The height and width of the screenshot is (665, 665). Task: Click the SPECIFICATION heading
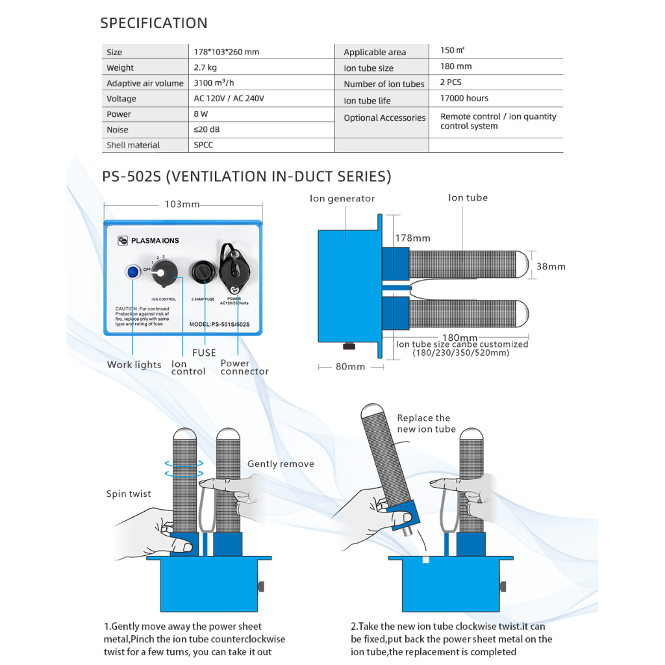pyautogui.click(x=154, y=23)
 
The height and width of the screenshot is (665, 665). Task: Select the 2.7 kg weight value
pyautogui.click(x=205, y=68)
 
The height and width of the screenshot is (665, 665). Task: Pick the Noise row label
pyautogui.click(x=118, y=130)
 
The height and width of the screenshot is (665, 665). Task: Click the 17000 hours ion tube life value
pyautogui.click(x=464, y=99)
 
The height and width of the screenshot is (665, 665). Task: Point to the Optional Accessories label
pyautogui.click(x=384, y=118)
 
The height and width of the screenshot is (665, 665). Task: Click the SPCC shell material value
pyautogui.click(x=203, y=145)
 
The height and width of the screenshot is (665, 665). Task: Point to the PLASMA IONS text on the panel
pyautogui.click(x=155, y=241)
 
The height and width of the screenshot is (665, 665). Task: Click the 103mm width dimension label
pyautogui.click(x=182, y=205)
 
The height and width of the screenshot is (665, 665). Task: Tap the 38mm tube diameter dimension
pyautogui.click(x=551, y=266)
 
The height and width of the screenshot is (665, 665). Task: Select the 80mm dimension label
pyautogui.click(x=351, y=367)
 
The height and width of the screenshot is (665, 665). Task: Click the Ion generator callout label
pyautogui.click(x=342, y=199)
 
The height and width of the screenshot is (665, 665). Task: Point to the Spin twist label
pyautogui.click(x=129, y=494)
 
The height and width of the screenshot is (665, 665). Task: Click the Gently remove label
pyautogui.click(x=281, y=464)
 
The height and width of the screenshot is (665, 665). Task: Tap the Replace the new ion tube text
pyautogui.click(x=426, y=423)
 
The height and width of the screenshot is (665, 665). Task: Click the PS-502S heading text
pyautogui.click(x=247, y=177)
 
